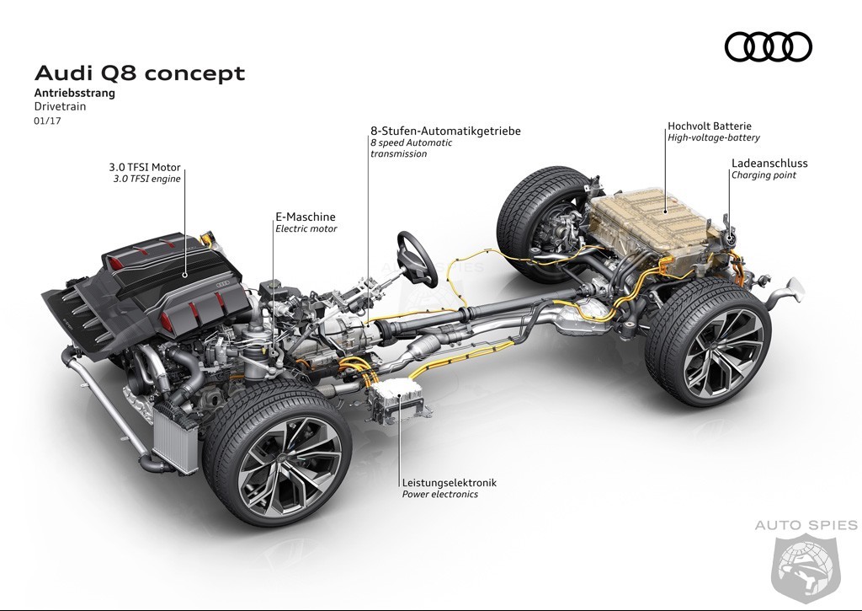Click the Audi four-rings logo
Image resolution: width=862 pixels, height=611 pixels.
tap(768, 47)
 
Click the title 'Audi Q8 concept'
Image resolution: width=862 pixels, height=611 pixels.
tap(140, 73)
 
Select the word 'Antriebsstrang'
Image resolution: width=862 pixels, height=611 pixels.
tap(75, 93)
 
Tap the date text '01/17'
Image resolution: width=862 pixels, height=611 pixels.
tap(48, 121)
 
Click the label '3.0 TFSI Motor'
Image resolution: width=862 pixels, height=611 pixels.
tap(145, 168)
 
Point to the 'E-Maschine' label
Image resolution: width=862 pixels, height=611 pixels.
tap(305, 217)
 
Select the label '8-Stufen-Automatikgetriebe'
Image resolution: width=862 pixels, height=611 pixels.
tap(445, 131)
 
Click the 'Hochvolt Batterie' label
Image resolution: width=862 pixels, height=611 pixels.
tap(709, 126)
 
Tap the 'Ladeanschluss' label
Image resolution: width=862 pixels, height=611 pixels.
tap(769, 163)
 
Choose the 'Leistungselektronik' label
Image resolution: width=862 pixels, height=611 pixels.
tap(450, 482)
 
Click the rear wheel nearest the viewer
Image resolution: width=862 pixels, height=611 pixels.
tap(708, 341)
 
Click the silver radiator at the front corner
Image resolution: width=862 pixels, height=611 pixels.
tap(175, 436)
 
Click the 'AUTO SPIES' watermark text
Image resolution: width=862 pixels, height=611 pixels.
tap(806, 525)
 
